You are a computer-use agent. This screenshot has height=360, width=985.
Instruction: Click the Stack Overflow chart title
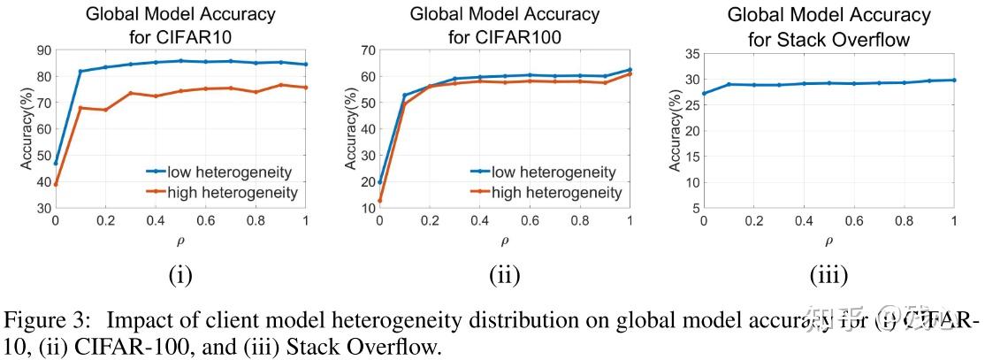tap(828, 26)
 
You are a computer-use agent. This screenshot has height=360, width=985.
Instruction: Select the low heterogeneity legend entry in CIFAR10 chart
tap(222, 172)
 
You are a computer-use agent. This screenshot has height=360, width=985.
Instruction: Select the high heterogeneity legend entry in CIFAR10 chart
tap(222, 191)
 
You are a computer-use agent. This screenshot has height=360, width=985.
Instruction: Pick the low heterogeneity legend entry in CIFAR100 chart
tap(546, 172)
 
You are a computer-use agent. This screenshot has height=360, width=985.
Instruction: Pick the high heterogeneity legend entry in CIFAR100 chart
tap(546, 193)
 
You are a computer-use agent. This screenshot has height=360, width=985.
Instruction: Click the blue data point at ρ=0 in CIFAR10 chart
tap(56, 164)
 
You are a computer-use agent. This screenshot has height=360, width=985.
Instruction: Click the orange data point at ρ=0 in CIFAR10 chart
tap(56, 184)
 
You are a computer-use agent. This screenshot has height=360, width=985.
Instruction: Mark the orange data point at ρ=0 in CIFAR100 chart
tap(380, 201)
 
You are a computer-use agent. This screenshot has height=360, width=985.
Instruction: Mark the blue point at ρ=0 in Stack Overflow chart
tap(704, 93)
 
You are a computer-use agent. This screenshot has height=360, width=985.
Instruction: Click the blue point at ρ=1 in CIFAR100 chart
tap(630, 69)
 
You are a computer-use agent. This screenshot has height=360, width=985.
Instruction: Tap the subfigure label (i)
tap(179, 276)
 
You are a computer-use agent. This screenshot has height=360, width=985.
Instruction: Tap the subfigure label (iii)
tap(828, 276)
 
